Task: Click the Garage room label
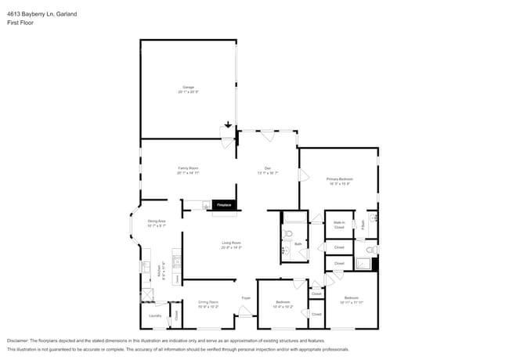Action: (x=188, y=88)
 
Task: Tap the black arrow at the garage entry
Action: (x=229, y=124)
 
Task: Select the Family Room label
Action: (x=188, y=171)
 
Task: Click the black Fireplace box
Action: (x=224, y=205)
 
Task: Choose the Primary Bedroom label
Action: (x=340, y=182)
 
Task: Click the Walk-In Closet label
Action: (x=340, y=225)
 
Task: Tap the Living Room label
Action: (x=230, y=245)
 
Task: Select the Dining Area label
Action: (x=157, y=223)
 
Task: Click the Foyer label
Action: (x=246, y=298)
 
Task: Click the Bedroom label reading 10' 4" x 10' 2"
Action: (x=283, y=304)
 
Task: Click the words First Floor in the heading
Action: (x=20, y=23)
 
